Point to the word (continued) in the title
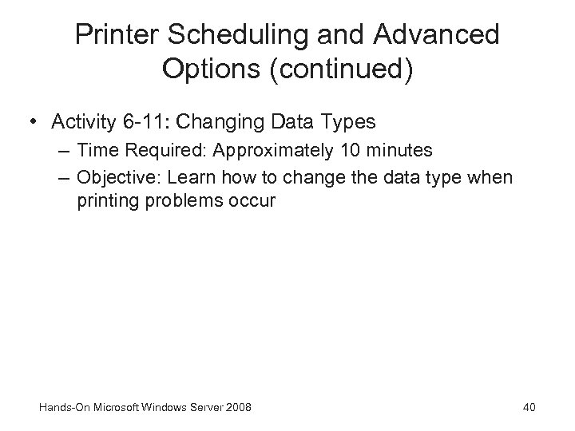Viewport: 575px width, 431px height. point(339,71)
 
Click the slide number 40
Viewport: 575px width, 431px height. point(529,408)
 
